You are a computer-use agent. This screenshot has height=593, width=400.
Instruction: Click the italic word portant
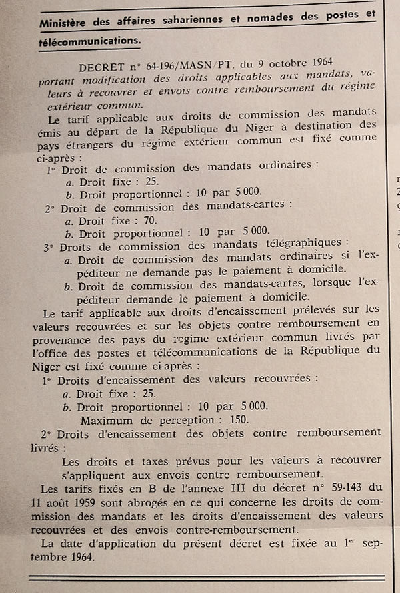[x=57, y=79]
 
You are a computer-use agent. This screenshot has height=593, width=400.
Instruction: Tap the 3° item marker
[x=49, y=248]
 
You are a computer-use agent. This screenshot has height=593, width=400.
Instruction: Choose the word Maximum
[x=107, y=421]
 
